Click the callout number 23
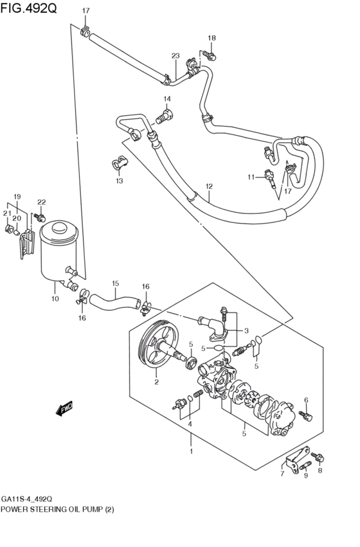pos(175,56)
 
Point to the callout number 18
pos(212,38)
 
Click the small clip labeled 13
pos(119,163)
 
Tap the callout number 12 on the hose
pos(209,186)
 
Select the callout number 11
pos(251,176)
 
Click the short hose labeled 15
pos(115,301)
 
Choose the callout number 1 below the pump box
pos(191,451)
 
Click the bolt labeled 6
pos(307,416)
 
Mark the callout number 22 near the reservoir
pos(41,202)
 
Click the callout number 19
pos(17,196)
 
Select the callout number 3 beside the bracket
pos(246,330)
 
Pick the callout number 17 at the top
pos(85,10)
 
